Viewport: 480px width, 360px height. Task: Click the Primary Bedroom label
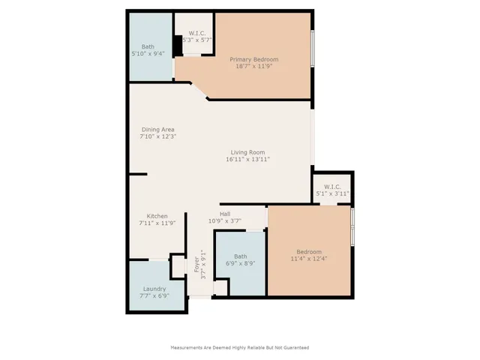(253, 59)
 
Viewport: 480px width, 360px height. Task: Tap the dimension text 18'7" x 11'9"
(253, 67)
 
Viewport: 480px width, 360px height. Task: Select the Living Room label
(247, 152)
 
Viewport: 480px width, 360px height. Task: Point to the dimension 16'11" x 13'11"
(247, 160)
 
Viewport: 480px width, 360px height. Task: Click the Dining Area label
(157, 129)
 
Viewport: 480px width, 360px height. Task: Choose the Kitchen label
(157, 215)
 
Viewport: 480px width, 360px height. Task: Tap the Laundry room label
(154, 288)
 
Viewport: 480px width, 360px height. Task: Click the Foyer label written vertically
(196, 265)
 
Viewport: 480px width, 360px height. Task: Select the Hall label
(224, 214)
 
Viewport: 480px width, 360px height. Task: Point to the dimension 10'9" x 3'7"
(224, 221)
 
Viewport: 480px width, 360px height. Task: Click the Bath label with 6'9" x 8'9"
(240, 256)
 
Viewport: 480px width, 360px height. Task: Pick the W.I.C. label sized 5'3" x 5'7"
(197, 32)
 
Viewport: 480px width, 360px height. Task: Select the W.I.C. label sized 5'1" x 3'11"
(332, 186)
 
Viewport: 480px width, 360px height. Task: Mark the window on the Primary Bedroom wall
(313, 49)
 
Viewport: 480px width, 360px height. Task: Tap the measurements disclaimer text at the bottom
(240, 347)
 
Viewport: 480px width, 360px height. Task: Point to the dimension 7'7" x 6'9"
(154, 295)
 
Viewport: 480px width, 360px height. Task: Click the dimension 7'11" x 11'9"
(157, 223)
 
